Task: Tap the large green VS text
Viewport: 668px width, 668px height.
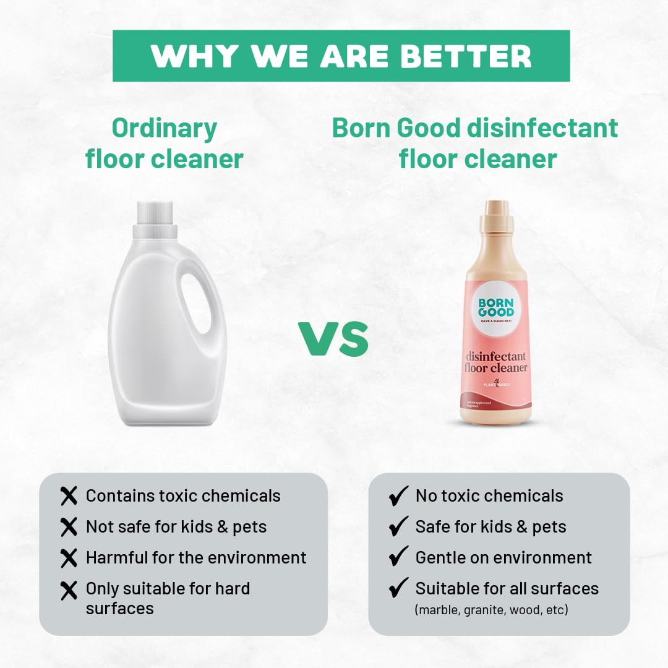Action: tap(333, 339)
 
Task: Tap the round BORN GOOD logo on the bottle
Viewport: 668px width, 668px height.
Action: tap(495, 307)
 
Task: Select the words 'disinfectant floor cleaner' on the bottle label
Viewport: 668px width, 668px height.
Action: tap(496, 362)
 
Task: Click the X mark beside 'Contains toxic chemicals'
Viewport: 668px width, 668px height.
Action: tap(69, 495)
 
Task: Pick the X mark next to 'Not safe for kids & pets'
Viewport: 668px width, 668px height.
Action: tap(69, 527)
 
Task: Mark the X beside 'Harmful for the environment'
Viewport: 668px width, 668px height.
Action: tap(69, 558)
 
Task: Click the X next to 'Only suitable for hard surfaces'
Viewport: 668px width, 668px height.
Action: tap(69, 590)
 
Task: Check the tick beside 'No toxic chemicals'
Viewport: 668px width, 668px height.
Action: tap(398, 495)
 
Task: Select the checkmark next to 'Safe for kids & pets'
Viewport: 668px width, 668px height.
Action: tap(398, 526)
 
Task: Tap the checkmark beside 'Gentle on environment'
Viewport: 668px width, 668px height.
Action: tap(398, 557)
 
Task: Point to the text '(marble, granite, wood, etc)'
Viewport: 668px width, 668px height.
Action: tap(491, 609)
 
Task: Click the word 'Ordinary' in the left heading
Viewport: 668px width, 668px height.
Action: tap(165, 129)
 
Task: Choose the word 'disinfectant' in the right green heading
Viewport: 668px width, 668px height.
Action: tap(543, 128)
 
